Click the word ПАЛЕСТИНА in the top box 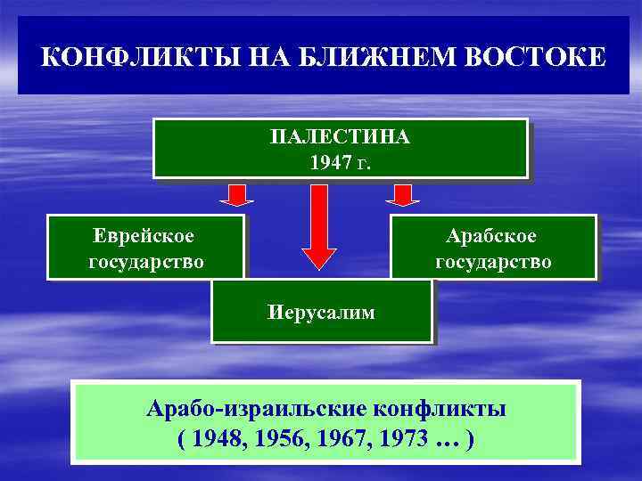(x=340, y=138)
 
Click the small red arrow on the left (x=236, y=195)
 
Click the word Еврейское (x=144, y=236)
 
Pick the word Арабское (x=492, y=236)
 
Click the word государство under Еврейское (x=146, y=262)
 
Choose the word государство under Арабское (x=493, y=262)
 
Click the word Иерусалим (x=321, y=312)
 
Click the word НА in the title (x=249, y=58)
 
